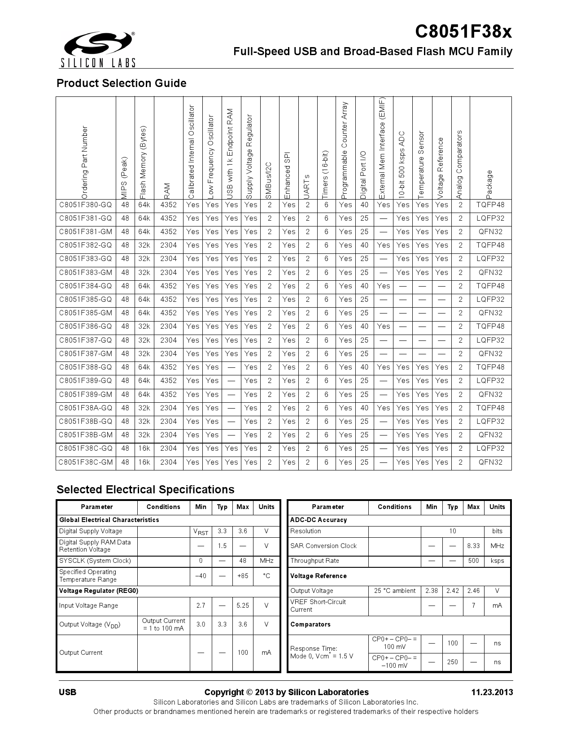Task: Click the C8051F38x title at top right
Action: (463, 32)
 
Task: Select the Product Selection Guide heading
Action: (121, 83)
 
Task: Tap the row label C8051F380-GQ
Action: (86, 205)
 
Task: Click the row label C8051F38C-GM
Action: (86, 462)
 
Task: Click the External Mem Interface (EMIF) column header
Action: (383, 148)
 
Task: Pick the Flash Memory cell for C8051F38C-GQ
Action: (144, 448)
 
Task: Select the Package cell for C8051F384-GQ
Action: (490, 286)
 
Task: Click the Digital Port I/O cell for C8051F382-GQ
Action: (364, 245)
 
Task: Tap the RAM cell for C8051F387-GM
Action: (168, 354)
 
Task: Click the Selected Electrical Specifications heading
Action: (145, 490)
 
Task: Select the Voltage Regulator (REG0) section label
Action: (99, 591)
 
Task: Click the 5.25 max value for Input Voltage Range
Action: (243, 606)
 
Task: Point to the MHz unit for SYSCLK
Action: (266, 561)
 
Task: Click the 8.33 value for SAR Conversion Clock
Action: (473, 546)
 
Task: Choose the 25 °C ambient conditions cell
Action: (395, 591)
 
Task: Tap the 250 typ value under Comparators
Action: (452, 662)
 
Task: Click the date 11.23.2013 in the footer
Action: (492, 692)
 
